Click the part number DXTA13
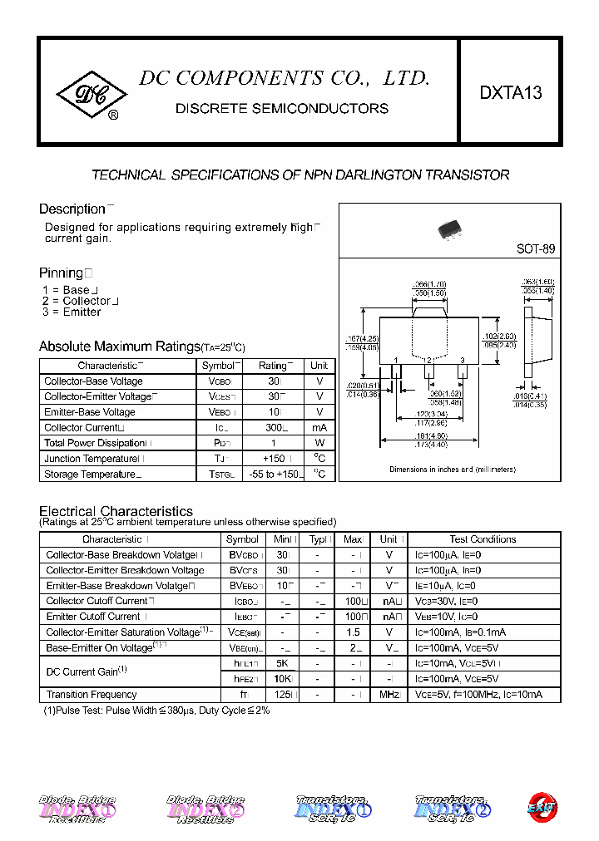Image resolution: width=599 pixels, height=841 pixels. tap(510, 93)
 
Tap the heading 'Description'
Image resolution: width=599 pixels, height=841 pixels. tap(72, 209)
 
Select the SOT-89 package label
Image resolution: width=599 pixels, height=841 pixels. tap(536, 248)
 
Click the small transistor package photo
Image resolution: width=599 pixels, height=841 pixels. tap(451, 229)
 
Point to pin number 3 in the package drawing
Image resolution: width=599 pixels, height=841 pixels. tap(462, 360)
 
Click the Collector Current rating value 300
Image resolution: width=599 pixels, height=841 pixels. tap(272, 427)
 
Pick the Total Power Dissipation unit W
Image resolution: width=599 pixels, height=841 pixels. tap(319, 443)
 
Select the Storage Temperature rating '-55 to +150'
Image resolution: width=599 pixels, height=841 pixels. tap(272, 475)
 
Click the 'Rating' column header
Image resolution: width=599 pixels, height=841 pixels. tap(272, 366)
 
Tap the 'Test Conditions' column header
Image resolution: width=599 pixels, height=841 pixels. tap(483, 539)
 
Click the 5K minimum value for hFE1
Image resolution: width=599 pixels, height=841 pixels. tap(282, 663)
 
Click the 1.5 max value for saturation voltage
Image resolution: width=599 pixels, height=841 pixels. tap(353, 632)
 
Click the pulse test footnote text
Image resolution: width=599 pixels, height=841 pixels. tap(156, 711)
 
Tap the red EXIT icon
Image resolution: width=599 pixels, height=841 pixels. tap(542, 807)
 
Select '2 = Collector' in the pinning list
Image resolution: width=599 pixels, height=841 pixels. tap(80, 301)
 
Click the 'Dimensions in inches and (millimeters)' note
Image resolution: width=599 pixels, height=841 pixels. tap(452, 470)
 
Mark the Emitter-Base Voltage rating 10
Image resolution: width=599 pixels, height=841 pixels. tap(272, 412)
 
